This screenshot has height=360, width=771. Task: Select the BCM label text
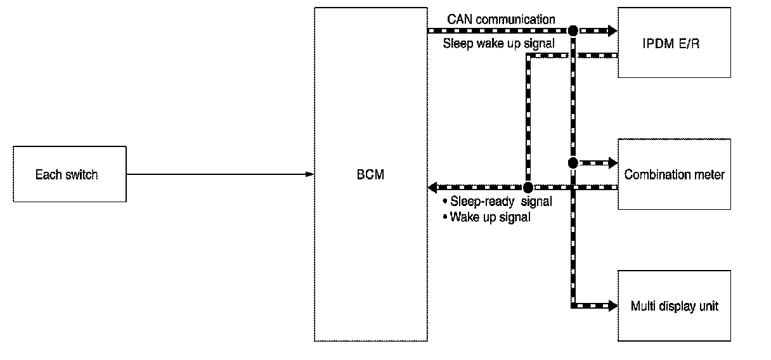tap(370, 174)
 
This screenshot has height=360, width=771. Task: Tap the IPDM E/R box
tap(674, 42)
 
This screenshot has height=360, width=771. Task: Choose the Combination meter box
tap(674, 174)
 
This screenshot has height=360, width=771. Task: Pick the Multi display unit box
tap(674, 305)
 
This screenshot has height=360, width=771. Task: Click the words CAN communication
tap(501, 19)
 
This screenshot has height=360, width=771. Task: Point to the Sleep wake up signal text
tap(499, 44)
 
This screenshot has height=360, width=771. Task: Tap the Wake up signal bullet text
tap(490, 217)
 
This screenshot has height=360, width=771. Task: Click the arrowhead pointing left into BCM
tap(433, 188)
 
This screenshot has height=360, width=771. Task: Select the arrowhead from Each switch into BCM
tap(310, 174)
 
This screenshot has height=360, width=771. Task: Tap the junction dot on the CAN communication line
tap(573, 30)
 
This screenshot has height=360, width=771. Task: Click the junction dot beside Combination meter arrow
tap(573, 163)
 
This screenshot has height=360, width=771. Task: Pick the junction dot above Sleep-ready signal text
tap(528, 188)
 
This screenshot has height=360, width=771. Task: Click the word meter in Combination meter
tap(710, 174)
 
